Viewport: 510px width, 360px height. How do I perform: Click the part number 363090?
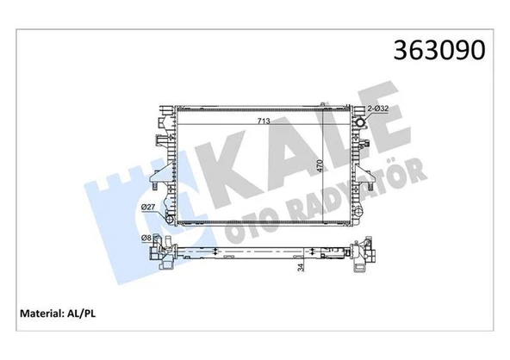tap(438, 48)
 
